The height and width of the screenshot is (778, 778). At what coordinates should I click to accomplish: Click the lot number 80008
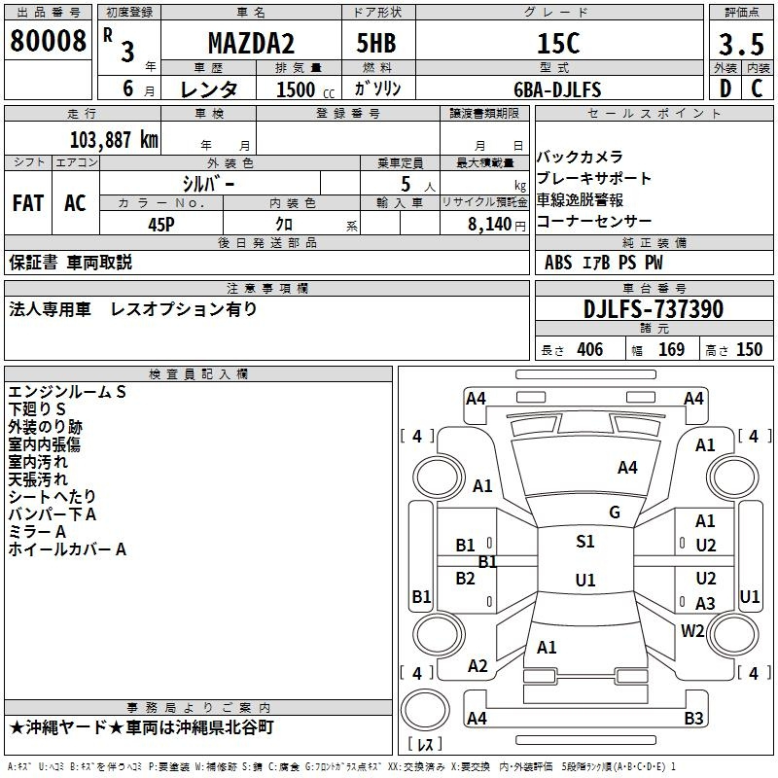(48, 41)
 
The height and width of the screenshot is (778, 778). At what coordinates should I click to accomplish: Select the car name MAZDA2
(251, 43)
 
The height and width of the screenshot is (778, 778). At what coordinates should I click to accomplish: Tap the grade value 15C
(558, 43)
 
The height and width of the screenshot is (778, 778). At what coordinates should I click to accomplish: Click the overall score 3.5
(741, 44)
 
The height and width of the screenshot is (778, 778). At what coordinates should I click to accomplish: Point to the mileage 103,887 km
(114, 140)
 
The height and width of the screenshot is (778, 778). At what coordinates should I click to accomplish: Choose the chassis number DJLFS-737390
(654, 309)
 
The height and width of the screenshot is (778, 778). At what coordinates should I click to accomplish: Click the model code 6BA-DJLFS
(557, 89)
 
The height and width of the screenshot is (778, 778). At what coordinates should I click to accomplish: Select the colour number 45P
(161, 225)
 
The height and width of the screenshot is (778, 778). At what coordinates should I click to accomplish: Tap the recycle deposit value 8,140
(490, 225)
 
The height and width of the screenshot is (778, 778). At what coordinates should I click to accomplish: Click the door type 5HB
(376, 43)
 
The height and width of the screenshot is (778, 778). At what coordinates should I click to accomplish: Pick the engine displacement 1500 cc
(305, 89)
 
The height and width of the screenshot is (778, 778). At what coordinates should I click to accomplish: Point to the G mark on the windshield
(615, 513)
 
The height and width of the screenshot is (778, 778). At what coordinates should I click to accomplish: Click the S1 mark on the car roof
(585, 542)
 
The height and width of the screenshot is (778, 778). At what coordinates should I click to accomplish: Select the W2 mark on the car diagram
(692, 630)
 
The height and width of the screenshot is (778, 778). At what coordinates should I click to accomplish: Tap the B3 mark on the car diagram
(693, 718)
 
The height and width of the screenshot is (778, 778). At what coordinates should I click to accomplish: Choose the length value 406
(590, 349)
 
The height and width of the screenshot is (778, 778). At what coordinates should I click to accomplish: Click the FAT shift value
(28, 203)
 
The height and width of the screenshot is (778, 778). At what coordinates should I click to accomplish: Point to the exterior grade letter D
(725, 88)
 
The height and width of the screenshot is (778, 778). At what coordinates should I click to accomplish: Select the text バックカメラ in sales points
(580, 158)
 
